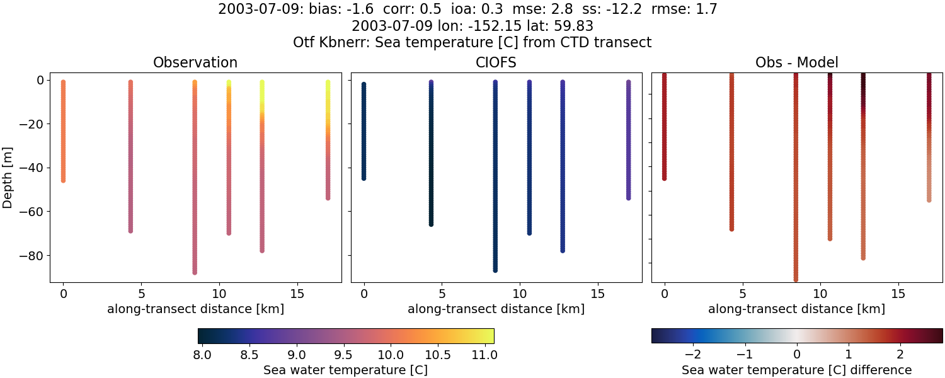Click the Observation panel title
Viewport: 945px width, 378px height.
click(x=195, y=62)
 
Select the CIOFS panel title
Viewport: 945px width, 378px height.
click(x=496, y=62)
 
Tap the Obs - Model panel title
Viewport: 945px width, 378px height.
click(x=796, y=62)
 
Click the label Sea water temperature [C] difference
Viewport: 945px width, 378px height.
click(x=796, y=370)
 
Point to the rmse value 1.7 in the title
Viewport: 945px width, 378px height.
click(x=706, y=9)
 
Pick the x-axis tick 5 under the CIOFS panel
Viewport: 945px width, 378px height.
click(x=442, y=294)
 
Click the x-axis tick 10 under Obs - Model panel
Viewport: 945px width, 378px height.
click(x=820, y=294)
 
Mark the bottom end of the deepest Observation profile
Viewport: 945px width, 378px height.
click(x=195, y=272)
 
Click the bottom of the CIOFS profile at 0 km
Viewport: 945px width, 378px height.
click(x=364, y=178)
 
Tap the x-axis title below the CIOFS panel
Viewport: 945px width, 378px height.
click(x=496, y=309)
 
